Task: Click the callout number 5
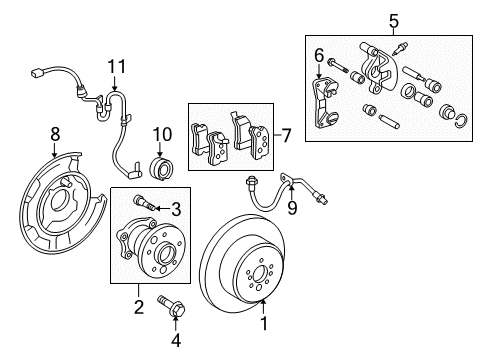point(393,19)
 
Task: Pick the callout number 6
point(319,54)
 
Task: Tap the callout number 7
point(287,133)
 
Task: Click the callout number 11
point(118,66)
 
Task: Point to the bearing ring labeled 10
point(161,166)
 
